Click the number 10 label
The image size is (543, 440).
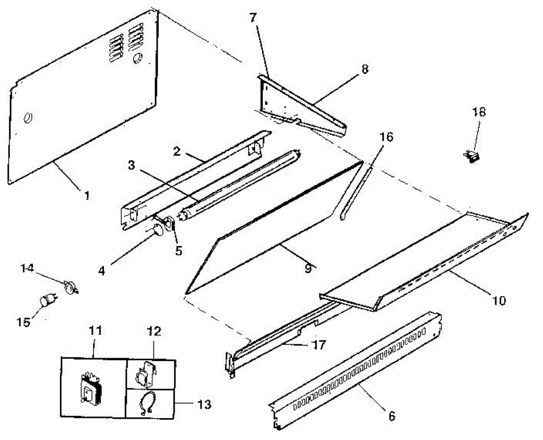499,300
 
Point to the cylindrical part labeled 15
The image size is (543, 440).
48,301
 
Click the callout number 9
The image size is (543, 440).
308,268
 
